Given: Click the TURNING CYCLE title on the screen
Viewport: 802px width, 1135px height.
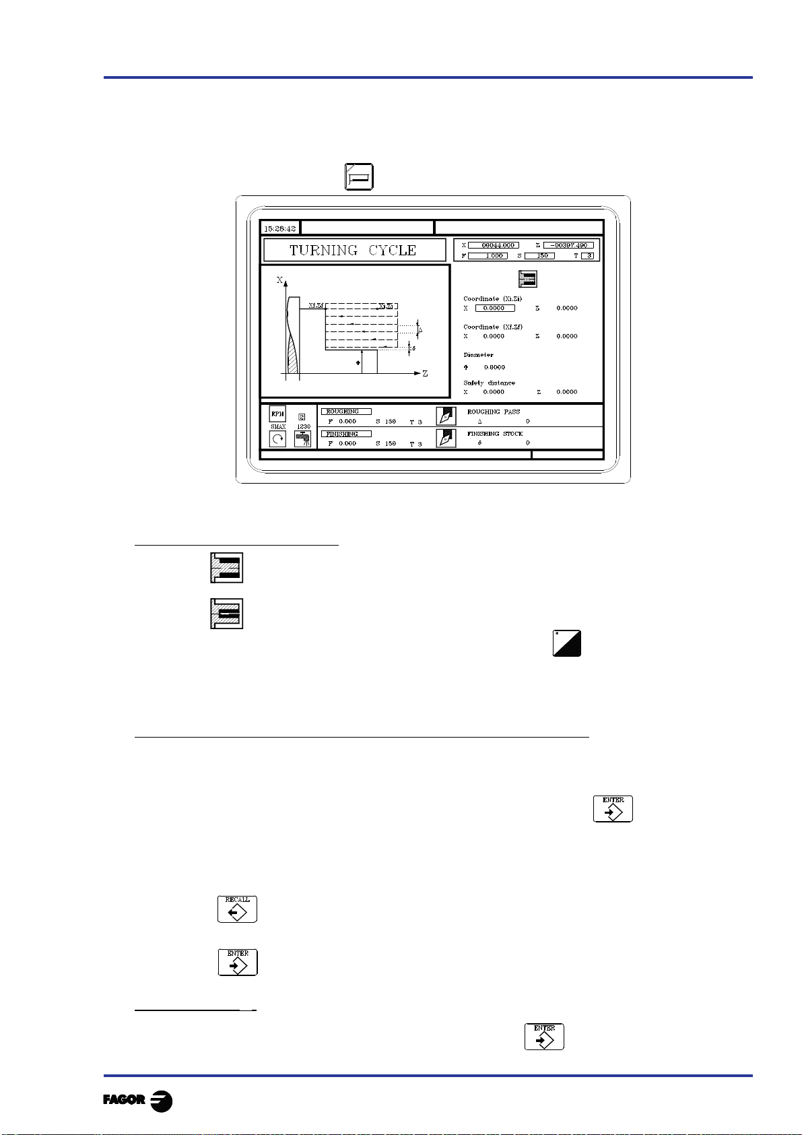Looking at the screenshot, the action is [354, 251].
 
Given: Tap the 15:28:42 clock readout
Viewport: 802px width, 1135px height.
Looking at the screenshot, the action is [279, 228].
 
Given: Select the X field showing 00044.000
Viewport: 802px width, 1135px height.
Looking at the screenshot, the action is [494, 245].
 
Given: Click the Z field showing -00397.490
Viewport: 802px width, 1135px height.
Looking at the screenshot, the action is [568, 245].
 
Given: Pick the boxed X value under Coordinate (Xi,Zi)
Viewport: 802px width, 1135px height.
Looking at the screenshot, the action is [495, 308].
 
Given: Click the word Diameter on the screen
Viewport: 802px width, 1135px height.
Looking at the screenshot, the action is [479, 355].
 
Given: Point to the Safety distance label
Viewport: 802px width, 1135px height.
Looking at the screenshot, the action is [490, 383].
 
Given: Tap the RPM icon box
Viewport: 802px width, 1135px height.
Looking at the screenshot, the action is [277, 414].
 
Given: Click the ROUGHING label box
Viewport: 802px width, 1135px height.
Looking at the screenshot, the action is [346, 412].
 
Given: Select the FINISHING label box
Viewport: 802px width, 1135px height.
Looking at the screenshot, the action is [346, 434].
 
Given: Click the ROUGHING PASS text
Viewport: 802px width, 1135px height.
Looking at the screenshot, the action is [494, 412].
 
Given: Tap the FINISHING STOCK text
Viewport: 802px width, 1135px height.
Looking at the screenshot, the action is [495, 434].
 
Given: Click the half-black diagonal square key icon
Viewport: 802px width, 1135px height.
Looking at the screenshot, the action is [567, 644].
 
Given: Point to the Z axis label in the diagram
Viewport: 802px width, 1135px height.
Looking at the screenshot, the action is [425, 374].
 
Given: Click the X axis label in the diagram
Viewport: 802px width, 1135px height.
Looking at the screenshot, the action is [280, 280].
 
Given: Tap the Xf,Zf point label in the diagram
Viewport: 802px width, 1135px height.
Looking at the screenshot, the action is [316, 306].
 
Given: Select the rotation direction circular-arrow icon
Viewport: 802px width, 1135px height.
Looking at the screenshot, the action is [277, 439].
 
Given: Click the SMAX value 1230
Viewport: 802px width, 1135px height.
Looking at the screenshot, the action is [303, 427].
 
